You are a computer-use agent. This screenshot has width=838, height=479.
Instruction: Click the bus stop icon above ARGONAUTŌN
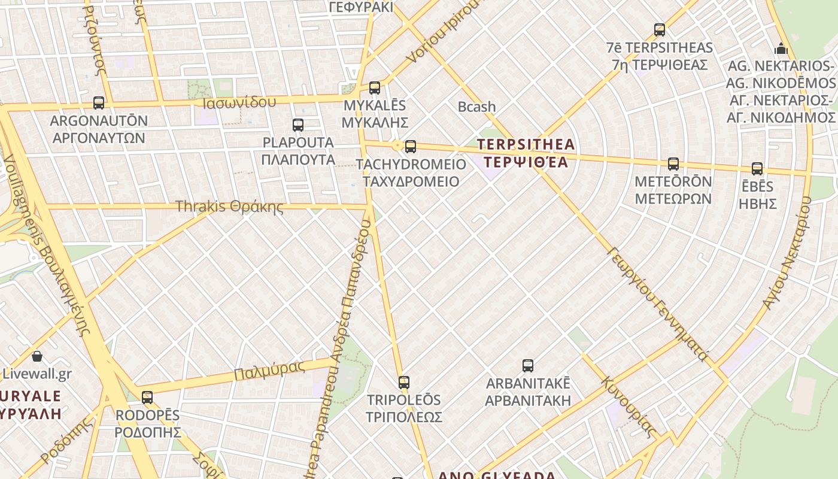click(99, 103)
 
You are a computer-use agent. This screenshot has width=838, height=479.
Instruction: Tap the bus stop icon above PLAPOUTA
click(298, 125)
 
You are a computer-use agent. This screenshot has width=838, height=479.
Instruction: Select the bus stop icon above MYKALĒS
click(375, 88)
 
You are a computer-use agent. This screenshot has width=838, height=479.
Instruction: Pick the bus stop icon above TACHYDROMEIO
click(411, 147)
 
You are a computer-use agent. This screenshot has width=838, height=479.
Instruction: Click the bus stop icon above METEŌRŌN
click(673, 164)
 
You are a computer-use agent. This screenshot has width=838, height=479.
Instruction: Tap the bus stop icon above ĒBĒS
click(757, 169)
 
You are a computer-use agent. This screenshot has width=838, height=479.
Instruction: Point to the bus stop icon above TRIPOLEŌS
click(404, 383)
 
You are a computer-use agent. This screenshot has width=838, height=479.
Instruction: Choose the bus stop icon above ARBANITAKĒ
click(528, 366)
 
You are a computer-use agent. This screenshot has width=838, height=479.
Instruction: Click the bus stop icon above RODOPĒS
click(147, 398)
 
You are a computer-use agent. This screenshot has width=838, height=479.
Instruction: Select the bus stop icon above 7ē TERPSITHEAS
click(660, 30)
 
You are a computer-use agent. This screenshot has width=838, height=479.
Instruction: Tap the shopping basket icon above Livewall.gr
click(37, 357)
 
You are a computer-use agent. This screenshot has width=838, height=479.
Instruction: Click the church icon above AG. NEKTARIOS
click(781, 48)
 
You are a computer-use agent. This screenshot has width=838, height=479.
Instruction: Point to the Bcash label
click(476, 107)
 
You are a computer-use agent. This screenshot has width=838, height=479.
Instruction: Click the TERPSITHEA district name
click(526, 153)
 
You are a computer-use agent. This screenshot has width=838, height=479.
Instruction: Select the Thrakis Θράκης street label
click(229, 207)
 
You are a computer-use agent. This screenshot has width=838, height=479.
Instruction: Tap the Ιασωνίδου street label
click(239, 102)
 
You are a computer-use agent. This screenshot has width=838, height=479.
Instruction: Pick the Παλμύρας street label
click(269, 370)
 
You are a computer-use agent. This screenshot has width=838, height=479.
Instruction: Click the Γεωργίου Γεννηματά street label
click(657, 304)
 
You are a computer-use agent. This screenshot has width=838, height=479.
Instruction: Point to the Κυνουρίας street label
click(628, 407)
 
